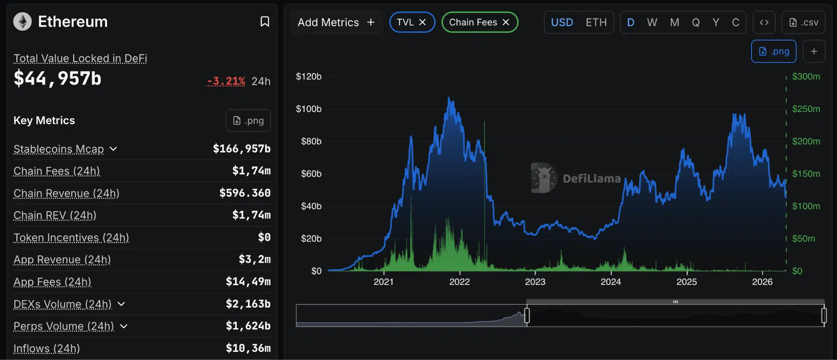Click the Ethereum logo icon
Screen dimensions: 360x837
[22, 22]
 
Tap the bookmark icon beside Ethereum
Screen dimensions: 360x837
[265, 22]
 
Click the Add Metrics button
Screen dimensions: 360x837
[336, 22]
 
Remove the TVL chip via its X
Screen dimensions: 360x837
[423, 22]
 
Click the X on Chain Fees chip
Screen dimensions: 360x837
[506, 22]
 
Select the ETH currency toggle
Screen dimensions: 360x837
[596, 22]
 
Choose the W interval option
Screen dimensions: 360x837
[652, 22]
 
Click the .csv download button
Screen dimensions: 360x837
[803, 22]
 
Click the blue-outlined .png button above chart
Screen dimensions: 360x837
[774, 51]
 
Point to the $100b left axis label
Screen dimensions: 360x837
[309, 109]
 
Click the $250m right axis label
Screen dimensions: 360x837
[806, 109]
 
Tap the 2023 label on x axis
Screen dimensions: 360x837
[535, 282]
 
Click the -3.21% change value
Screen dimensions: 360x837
[226, 81]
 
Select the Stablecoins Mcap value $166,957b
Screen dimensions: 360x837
[242, 149]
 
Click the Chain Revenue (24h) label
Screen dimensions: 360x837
[66, 193]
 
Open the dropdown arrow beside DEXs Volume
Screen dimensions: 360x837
[121, 304]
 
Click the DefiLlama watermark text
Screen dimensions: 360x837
[591, 179]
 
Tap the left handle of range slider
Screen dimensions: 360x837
[527, 315]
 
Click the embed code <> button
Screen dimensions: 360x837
[764, 22]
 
